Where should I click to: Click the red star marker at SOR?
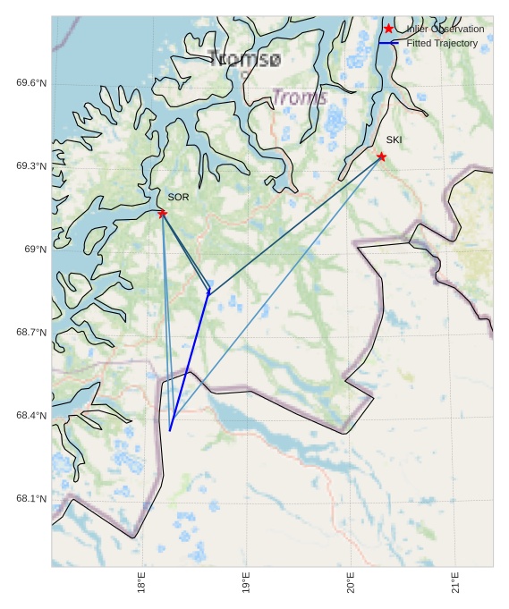click(162, 213)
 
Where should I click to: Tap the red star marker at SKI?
click(381, 156)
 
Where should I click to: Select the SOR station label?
click(178, 197)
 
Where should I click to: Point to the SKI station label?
click(394, 140)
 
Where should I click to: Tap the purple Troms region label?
click(299, 97)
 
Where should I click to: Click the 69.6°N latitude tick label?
click(31, 83)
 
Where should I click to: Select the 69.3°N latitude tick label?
click(31, 166)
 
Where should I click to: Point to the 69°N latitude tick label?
click(35, 250)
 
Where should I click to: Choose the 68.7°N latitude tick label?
click(31, 333)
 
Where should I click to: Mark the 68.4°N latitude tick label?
click(31, 416)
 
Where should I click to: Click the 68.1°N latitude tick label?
click(31, 499)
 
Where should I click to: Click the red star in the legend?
click(388, 29)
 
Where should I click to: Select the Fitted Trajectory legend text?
click(442, 43)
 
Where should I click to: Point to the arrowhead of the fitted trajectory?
click(209, 292)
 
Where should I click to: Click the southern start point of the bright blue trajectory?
click(170, 430)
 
